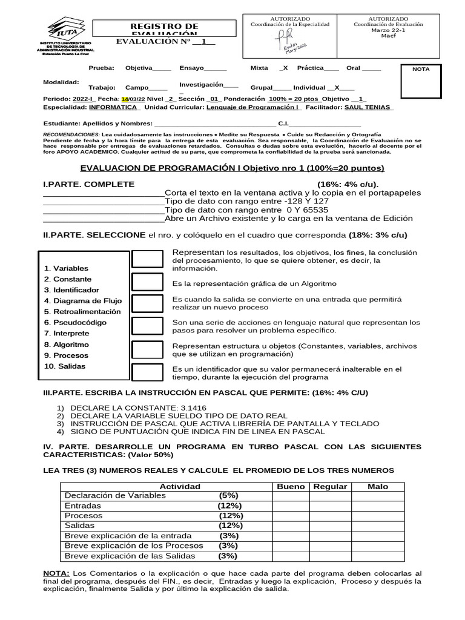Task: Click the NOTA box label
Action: pyautogui.click(x=421, y=69)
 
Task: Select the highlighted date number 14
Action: pyautogui.click(x=125, y=99)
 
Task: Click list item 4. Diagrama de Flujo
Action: pyautogui.click(x=83, y=301)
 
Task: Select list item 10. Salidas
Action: pyautogui.click(x=64, y=366)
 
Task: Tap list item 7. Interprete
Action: pyautogui.click(x=67, y=334)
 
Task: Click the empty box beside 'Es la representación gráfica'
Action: pyautogui.click(x=147, y=282)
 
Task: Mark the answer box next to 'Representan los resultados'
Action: pyautogui.click(x=147, y=259)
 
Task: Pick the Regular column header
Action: pyautogui.click(x=330, y=486)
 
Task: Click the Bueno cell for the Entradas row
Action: pyautogui.click(x=291, y=506)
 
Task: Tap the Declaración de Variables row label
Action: pyautogui.click(x=115, y=495)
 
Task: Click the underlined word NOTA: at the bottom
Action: pyautogui.click(x=56, y=573)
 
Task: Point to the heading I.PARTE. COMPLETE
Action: pyautogui.click(x=89, y=184)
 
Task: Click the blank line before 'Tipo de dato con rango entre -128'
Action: pyautogui.click(x=103, y=201)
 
